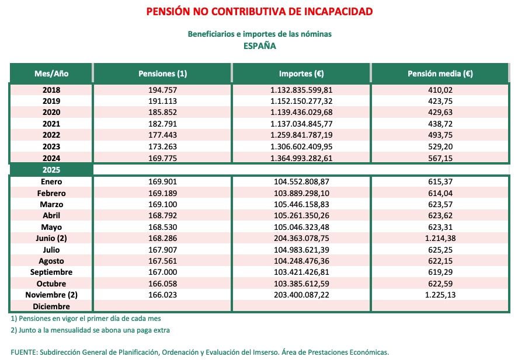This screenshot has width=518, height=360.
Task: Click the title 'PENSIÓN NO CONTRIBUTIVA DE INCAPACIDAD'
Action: [259, 12]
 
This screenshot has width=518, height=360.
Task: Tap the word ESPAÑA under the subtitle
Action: [259, 46]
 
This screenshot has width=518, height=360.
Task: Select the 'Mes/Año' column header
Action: [51, 74]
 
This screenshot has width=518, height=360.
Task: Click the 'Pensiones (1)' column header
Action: [162, 74]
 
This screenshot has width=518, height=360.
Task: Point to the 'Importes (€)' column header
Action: [301, 74]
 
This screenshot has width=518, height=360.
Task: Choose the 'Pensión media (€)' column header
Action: [440, 74]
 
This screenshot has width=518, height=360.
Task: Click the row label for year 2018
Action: [51, 90]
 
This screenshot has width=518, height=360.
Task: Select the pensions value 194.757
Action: [162, 90]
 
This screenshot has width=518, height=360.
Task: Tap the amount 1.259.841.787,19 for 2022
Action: [301, 135]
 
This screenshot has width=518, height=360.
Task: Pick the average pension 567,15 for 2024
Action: [440, 158]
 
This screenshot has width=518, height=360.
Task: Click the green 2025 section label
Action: [51, 170]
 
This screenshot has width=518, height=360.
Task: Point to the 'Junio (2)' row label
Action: [51, 238]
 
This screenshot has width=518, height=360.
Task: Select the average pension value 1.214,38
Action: [440, 238]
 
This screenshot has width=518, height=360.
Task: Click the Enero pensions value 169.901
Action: [162, 181]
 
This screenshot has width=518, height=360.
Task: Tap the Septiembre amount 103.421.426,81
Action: [301, 272]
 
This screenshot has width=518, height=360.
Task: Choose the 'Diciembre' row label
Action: [51, 306]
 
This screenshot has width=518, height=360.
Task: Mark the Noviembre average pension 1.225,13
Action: [440, 295]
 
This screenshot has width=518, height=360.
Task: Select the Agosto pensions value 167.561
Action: [162, 261]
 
